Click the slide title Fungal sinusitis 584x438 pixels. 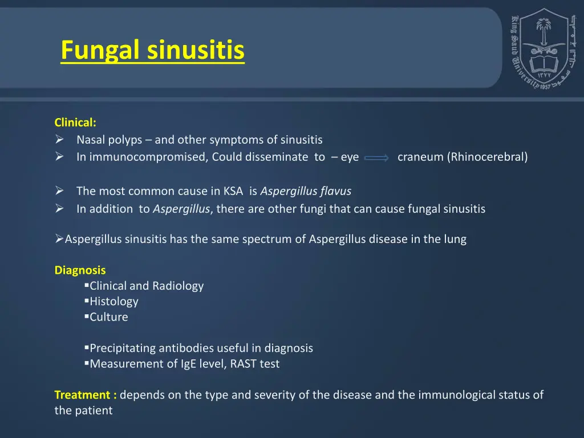152,50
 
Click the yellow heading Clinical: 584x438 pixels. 75,122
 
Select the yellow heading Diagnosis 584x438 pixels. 80,270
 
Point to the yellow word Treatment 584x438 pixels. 83,395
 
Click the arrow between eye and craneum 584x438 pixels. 376,158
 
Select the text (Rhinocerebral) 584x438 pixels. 488,157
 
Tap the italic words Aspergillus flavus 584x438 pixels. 306,191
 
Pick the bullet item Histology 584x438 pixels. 113,301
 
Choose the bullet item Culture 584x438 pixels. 108,317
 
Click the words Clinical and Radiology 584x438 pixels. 146,286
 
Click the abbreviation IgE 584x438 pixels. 189,364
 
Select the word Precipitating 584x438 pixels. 123,348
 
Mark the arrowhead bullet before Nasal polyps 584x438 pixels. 59,140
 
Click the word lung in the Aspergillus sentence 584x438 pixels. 455,239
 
